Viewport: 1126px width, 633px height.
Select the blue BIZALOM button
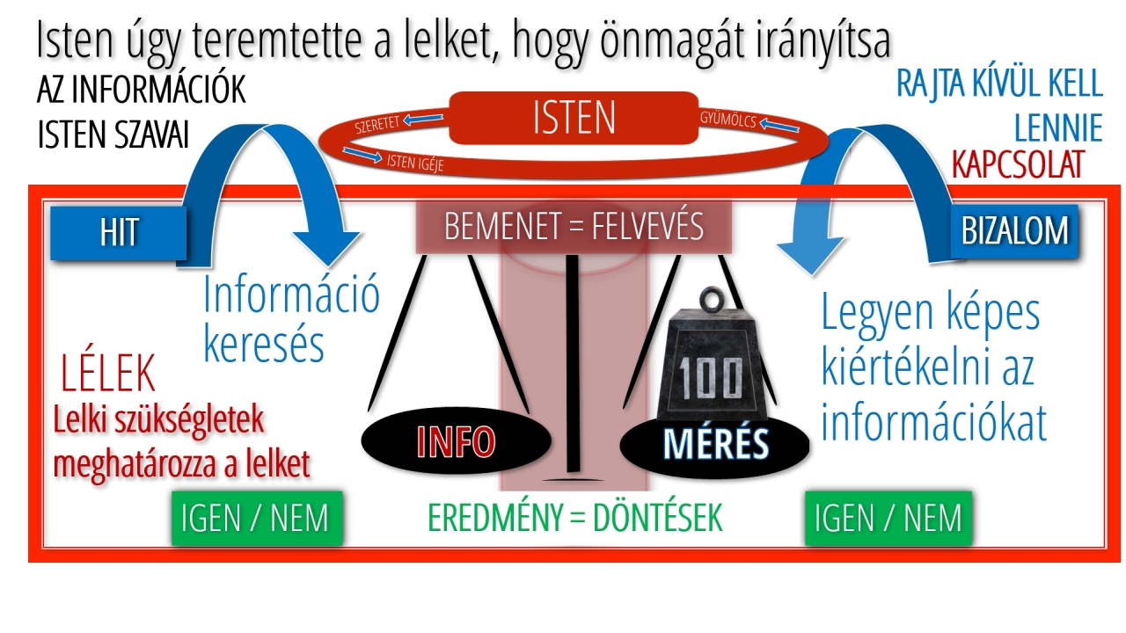point(1014,230)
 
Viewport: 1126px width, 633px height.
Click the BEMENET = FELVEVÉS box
point(574,226)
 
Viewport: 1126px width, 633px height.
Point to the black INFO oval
point(443,442)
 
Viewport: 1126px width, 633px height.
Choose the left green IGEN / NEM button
point(254,519)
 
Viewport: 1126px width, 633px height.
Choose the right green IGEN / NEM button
point(888,519)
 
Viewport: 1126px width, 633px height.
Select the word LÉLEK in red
point(108,375)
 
